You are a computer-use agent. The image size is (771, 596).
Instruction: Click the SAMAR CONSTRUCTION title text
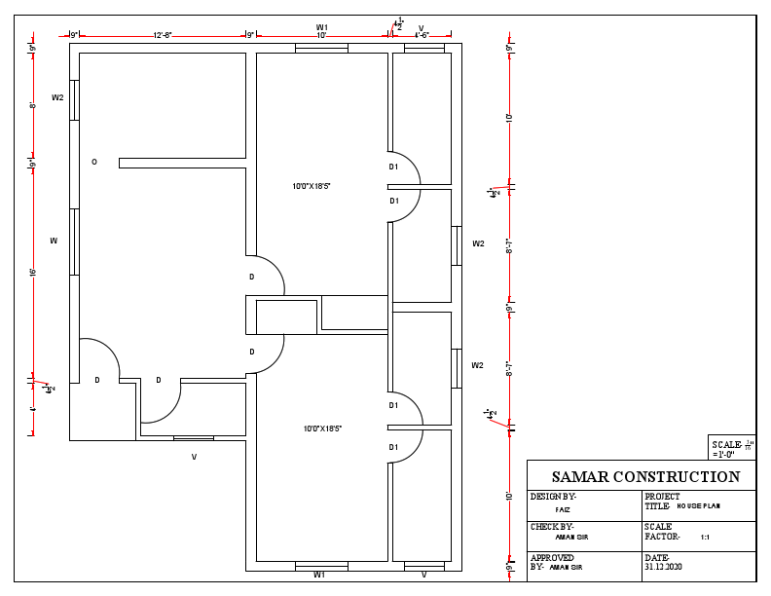click(x=645, y=477)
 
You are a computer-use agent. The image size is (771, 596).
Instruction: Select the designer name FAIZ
click(x=563, y=509)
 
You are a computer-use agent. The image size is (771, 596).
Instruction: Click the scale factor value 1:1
click(x=705, y=537)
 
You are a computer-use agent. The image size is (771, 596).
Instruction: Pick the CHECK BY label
click(x=552, y=527)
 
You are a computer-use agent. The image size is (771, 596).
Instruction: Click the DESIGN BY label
click(x=554, y=497)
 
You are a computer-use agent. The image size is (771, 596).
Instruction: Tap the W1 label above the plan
click(x=321, y=26)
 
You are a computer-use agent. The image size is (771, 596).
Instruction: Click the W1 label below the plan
click(x=319, y=576)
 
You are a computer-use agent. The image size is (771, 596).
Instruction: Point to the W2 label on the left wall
click(x=57, y=97)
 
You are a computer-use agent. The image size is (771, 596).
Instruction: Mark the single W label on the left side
click(x=55, y=240)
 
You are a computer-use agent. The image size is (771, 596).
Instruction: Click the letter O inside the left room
click(x=94, y=162)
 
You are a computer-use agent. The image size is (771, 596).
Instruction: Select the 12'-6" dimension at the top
click(x=162, y=35)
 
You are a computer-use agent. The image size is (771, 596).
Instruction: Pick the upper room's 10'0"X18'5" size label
click(x=312, y=185)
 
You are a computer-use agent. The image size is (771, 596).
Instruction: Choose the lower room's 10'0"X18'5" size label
click(x=321, y=428)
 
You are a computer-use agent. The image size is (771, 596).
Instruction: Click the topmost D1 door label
click(x=394, y=167)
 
